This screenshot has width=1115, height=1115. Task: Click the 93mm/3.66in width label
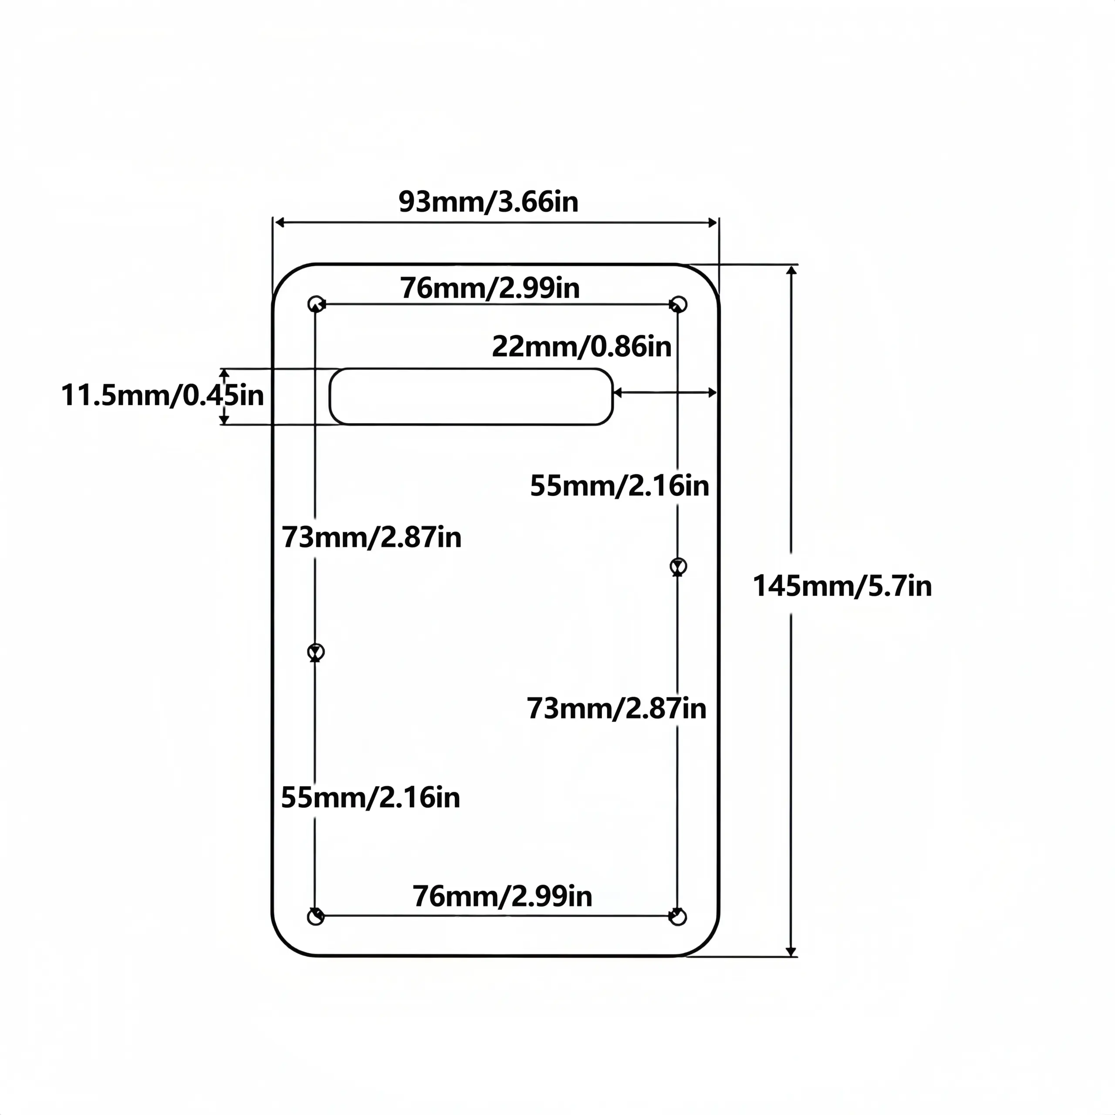click(488, 202)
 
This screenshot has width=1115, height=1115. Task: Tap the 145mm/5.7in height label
click(842, 586)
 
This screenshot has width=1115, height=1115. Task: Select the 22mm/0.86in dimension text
click(582, 347)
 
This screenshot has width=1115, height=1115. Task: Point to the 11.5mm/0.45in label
click(162, 396)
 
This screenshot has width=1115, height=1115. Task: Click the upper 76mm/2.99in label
click(490, 288)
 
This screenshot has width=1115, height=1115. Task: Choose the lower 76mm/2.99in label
click(502, 896)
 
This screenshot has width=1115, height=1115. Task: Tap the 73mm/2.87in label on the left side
click(372, 537)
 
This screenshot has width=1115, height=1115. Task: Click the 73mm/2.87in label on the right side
click(616, 708)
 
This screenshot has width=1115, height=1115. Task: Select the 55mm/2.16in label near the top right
click(619, 486)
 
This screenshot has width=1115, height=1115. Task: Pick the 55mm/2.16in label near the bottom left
click(371, 797)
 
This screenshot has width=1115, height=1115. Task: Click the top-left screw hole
click(316, 304)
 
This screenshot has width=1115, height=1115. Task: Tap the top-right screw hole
click(678, 304)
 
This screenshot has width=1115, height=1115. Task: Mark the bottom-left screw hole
click(315, 916)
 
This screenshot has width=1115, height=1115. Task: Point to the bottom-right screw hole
click(678, 916)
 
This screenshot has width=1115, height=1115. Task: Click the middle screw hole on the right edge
click(678, 566)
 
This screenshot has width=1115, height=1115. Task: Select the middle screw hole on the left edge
click(316, 652)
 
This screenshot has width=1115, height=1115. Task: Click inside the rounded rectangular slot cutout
click(471, 396)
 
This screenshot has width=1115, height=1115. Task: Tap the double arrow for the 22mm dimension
click(665, 392)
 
